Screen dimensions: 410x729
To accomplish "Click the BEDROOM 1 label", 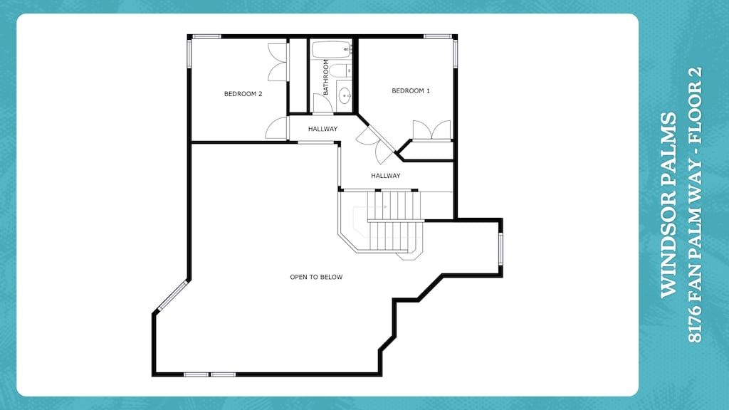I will [411, 90].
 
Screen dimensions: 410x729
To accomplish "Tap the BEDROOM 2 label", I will [243, 93].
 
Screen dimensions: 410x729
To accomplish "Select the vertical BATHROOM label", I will [326, 78].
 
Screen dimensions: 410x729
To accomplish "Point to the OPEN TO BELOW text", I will [316, 277].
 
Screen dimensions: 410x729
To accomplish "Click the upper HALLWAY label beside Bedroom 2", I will [322, 129].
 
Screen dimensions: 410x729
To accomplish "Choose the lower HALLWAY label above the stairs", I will [385, 176].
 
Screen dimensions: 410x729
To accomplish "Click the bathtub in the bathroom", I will [331, 51].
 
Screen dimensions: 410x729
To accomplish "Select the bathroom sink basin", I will [345, 95].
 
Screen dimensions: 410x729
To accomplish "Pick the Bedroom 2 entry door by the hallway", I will [276, 129].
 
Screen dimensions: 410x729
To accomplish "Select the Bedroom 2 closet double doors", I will [278, 62].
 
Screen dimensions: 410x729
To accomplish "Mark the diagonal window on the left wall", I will [172, 295].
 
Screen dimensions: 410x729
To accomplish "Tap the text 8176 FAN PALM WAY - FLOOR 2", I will [695, 205].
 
